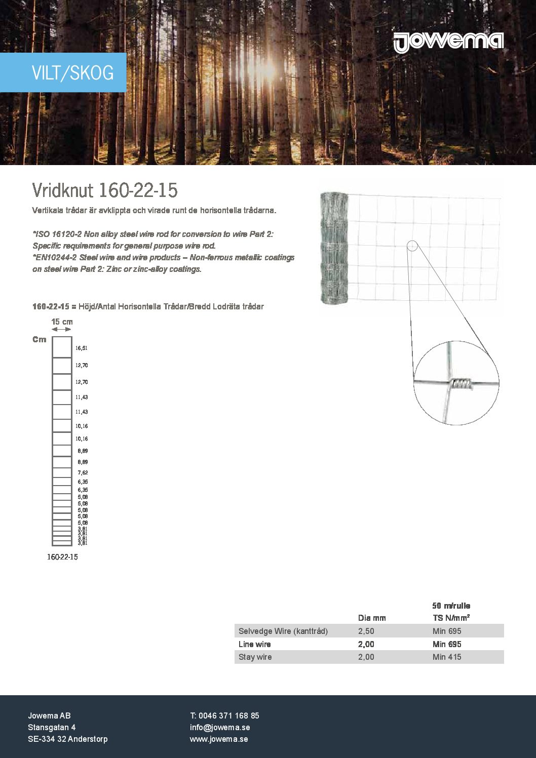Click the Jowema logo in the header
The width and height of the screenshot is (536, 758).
(448, 42)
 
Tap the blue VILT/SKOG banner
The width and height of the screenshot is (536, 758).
(63, 72)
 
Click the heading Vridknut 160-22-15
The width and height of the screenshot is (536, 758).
(105, 190)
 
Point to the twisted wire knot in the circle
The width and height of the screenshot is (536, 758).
(461, 384)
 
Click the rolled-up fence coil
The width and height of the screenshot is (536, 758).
(334, 248)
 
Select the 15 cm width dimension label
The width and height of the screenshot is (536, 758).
(62, 322)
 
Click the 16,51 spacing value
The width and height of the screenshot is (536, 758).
(82, 348)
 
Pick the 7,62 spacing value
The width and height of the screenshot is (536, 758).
(83, 472)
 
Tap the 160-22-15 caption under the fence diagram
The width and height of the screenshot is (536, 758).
(62, 557)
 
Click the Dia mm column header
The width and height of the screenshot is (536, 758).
(372, 618)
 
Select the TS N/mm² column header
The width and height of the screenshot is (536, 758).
(451, 618)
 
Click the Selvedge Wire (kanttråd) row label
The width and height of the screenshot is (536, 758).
(283, 631)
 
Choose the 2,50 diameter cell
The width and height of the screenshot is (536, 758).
(366, 631)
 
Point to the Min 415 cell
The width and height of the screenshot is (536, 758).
(447, 657)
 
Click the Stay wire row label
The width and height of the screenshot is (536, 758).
(255, 657)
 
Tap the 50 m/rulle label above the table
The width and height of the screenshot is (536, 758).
(451, 606)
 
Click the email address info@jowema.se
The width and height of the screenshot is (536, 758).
(220, 727)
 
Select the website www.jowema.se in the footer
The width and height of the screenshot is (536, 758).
(219, 739)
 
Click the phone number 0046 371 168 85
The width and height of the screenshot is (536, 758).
(228, 715)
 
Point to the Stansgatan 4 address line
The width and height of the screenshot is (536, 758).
(52, 727)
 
